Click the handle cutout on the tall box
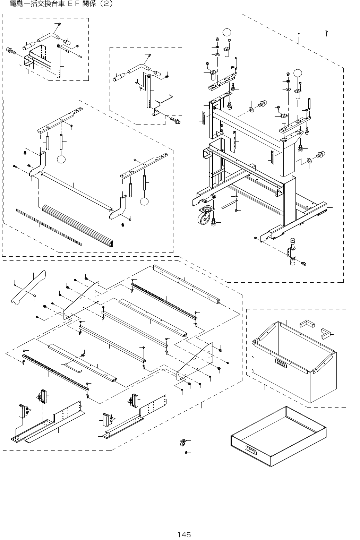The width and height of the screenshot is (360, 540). (281, 362)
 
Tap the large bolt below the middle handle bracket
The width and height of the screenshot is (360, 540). (175, 121)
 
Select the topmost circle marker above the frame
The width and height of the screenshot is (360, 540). (226, 32)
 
